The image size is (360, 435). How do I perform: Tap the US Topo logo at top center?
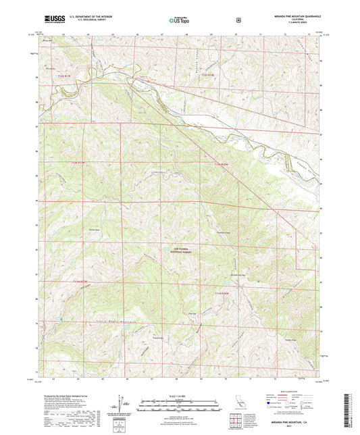[x=178, y=20]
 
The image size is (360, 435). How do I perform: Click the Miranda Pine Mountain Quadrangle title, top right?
[x=292, y=15]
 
